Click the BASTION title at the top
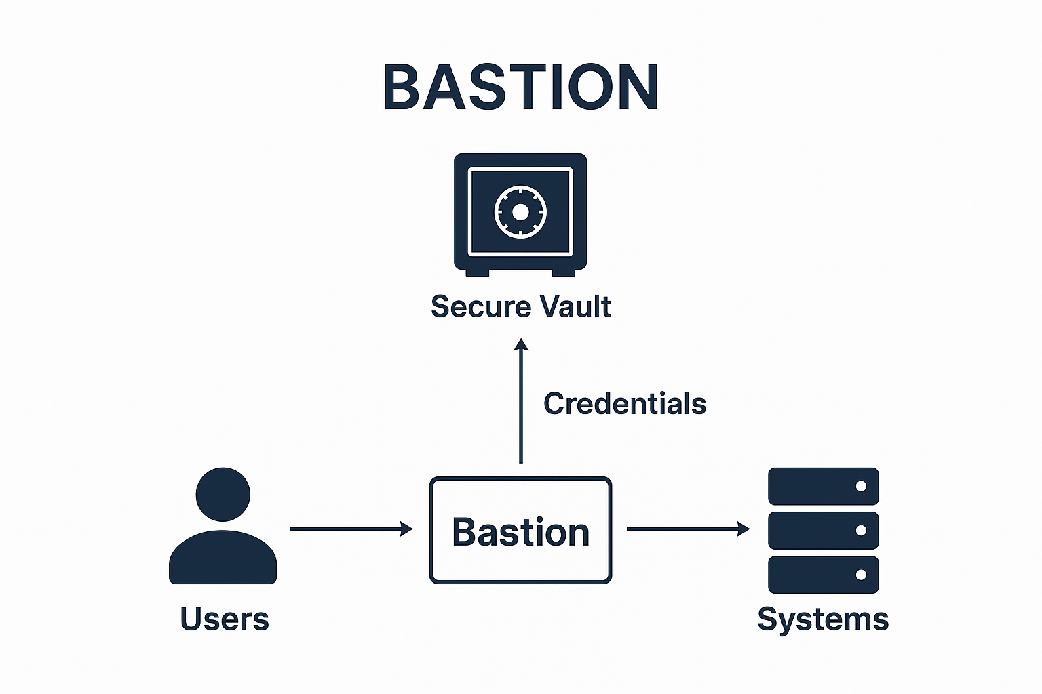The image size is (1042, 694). pos(520,87)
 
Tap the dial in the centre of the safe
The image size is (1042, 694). pos(520,212)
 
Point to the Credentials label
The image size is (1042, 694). pos(625,404)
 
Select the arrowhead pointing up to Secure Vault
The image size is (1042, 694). pos(521,345)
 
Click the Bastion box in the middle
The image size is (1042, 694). pos(520,530)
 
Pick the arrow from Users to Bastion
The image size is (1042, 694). pos(351,529)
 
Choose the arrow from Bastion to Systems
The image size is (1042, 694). pos(688,529)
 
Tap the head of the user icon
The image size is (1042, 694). pos(223,494)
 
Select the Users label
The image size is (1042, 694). pos(225,619)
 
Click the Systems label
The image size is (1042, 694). pos(823,619)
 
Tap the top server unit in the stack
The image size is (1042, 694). pos(823,486)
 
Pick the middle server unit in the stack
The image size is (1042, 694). pos(823,530)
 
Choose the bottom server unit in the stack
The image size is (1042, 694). pos(823,575)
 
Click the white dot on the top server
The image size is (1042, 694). pos(861,486)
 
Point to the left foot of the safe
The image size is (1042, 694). pos(477,272)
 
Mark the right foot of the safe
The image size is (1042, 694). pos(564,272)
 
